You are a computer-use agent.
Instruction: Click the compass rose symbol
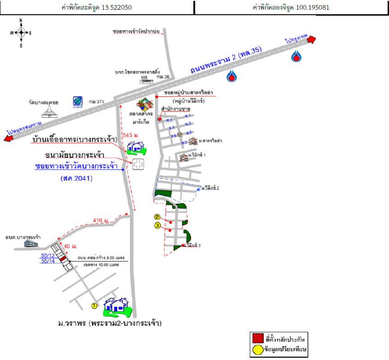point(21,33)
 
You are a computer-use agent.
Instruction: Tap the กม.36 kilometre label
point(163,77)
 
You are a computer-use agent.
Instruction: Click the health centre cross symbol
point(138,165)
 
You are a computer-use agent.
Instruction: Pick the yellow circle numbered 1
point(94,305)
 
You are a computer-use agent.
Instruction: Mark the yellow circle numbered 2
point(157,217)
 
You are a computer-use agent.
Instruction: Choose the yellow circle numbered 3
point(157,225)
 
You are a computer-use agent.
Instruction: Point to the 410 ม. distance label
point(100,221)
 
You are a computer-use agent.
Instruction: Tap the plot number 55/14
point(48,261)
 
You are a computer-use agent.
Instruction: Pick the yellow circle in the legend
point(258,350)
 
